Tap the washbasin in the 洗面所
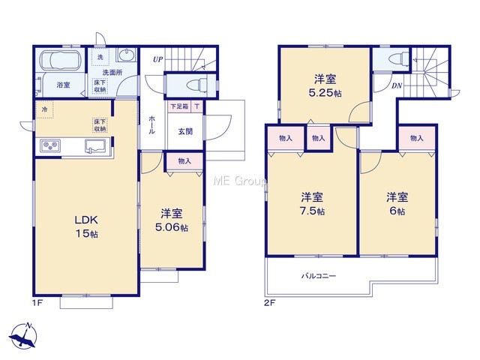pyautogui.click(x=126, y=55)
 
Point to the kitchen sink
pyautogui.click(x=96, y=145)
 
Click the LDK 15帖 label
pyautogui.click(x=87, y=226)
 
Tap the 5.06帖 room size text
pyautogui.click(x=172, y=228)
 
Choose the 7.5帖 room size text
pyautogui.click(x=313, y=211)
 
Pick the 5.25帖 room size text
pyautogui.click(x=325, y=93)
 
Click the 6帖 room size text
pyautogui.click(x=397, y=211)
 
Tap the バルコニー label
pyautogui.click(x=319, y=276)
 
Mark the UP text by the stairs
pyautogui.click(x=158, y=59)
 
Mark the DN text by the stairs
pyautogui.click(x=397, y=86)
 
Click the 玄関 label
pyautogui.click(x=185, y=131)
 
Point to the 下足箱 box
pyautogui.click(x=179, y=106)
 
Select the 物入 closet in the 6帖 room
pyautogui.click(x=417, y=138)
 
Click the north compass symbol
pyautogui.click(x=24, y=336)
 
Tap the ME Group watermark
pyautogui.click(x=240, y=181)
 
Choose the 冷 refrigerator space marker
pyautogui.click(x=44, y=109)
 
